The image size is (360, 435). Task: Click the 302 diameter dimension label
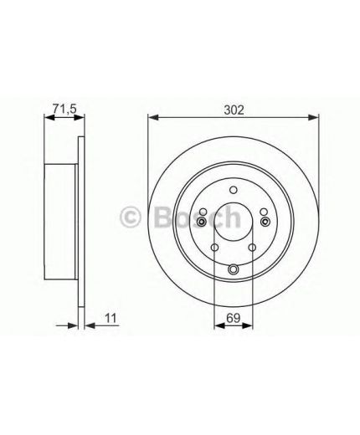coord(234,110)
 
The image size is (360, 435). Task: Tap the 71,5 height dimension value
coord(64,109)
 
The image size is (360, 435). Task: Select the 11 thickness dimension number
coord(110,318)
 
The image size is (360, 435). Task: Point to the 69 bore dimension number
coord(234,318)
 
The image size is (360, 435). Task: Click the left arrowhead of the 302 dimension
coord(153,117)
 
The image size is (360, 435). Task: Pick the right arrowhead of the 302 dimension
coord(312,117)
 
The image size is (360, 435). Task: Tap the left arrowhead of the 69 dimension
coord(219,325)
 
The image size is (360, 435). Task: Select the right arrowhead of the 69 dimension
coord(247,325)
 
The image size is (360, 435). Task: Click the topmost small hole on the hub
coord(234,190)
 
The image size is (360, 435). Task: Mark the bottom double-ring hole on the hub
coord(234,269)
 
